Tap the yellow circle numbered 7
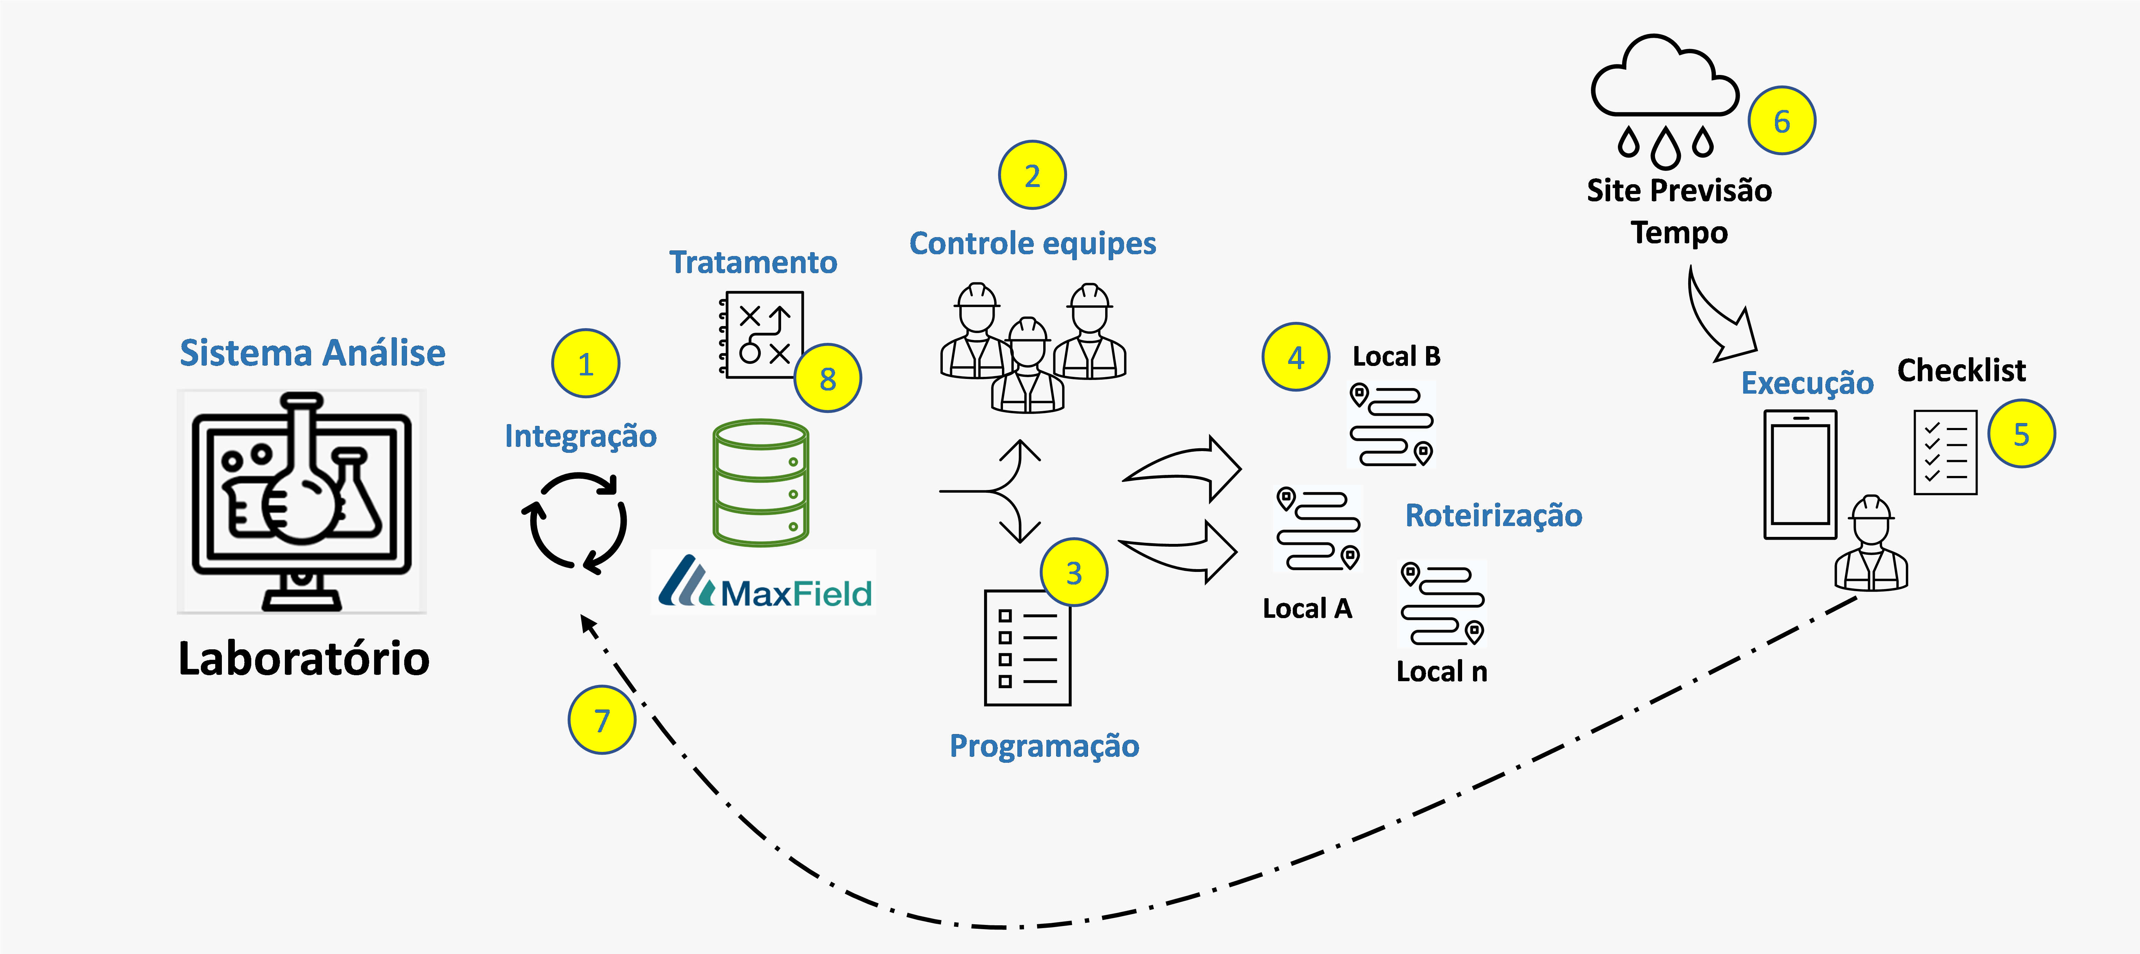point(602,720)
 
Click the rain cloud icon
point(1664,100)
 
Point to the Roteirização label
point(1493,515)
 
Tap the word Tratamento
point(753,262)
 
